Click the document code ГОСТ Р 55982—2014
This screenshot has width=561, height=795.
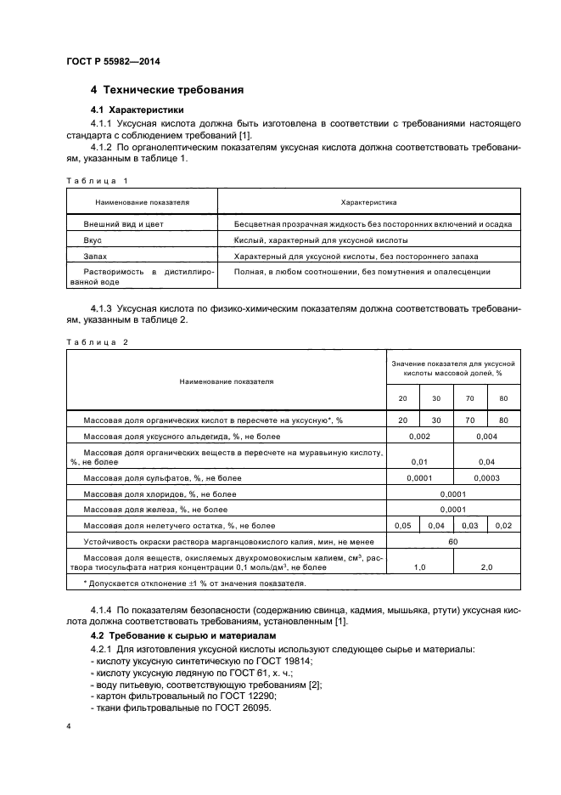coord(112,60)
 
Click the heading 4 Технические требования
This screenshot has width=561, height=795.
coord(167,90)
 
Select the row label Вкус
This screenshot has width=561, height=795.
coord(93,240)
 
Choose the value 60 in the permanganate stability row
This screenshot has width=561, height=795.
coord(452,540)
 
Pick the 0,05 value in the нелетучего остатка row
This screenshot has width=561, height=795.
coord(402,526)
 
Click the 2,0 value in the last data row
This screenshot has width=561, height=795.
coord(486,566)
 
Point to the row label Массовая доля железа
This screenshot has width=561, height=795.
coord(154,510)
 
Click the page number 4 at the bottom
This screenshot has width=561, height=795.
coord(69,727)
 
